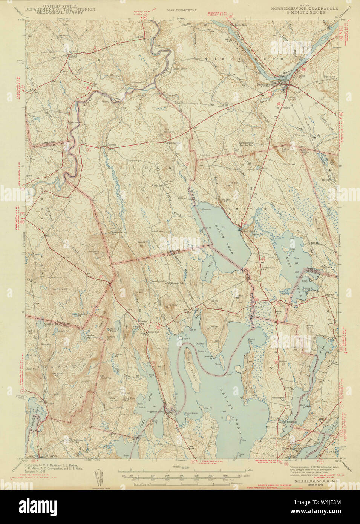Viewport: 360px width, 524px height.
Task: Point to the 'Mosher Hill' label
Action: (x=211, y=326)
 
